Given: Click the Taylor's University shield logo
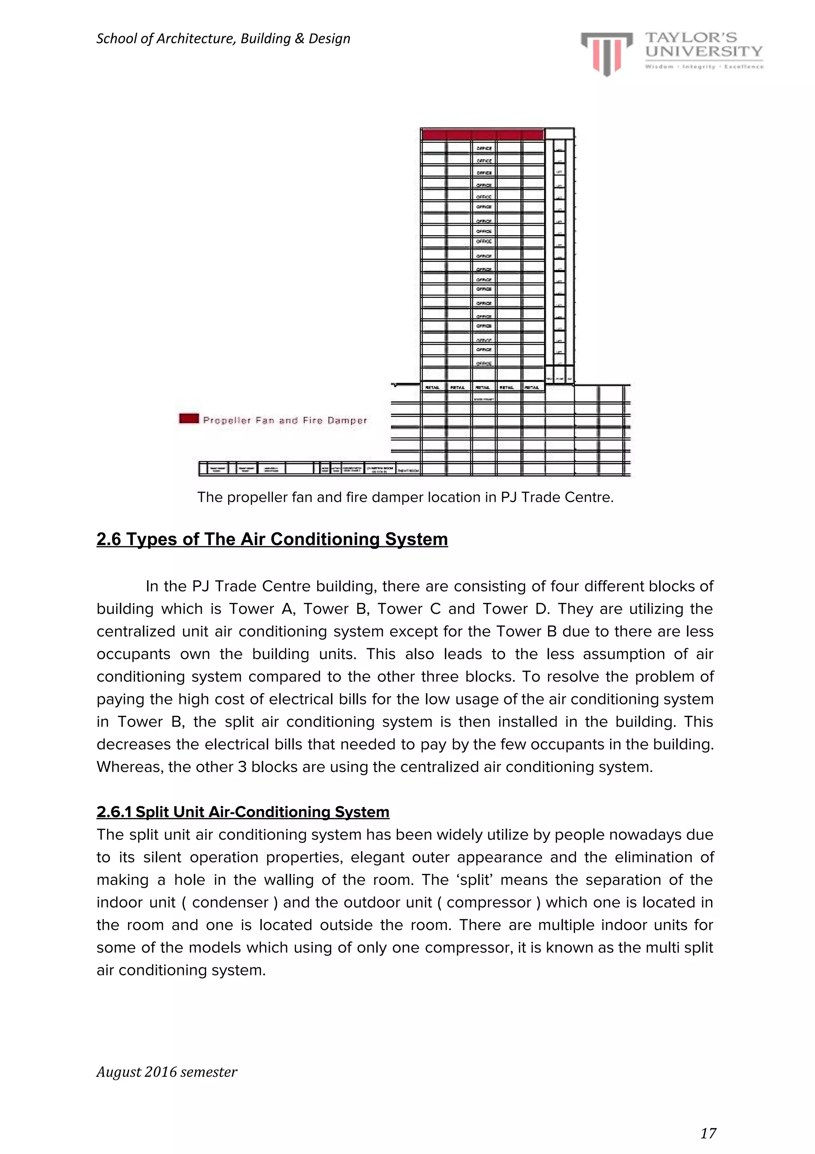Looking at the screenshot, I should pyautogui.click(x=606, y=53).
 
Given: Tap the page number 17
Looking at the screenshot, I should pyautogui.click(x=708, y=1133).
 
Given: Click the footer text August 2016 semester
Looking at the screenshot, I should pyautogui.click(x=166, y=1072).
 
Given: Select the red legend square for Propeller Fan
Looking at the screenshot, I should pyautogui.click(x=189, y=419).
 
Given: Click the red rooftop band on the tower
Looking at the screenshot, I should pyautogui.click(x=483, y=134).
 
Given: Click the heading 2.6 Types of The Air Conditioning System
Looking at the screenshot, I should pyautogui.click(x=272, y=539).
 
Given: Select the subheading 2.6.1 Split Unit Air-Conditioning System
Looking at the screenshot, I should pyautogui.click(x=243, y=812).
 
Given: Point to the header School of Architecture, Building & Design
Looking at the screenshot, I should pyautogui.click(x=223, y=39).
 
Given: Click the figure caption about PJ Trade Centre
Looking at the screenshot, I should pyautogui.click(x=405, y=497).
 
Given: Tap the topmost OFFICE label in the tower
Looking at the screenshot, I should pyautogui.click(x=484, y=148).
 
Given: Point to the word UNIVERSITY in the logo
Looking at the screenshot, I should pyautogui.click(x=704, y=51).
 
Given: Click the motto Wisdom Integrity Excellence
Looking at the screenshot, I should pyautogui.click(x=704, y=66).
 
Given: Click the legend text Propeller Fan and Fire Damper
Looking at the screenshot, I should pyautogui.click(x=285, y=420).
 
